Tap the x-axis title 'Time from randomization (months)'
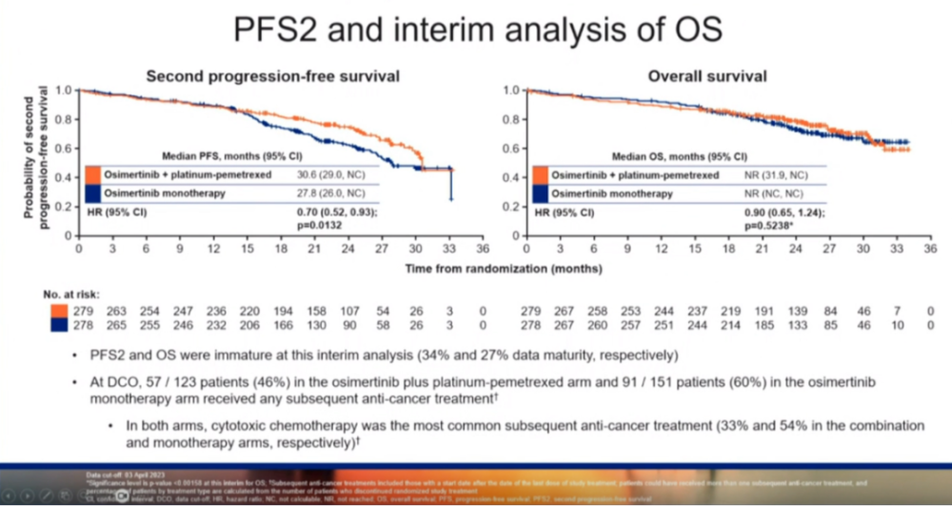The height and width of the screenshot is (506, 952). pos(503,269)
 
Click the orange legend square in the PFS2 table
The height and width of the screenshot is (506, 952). pos(92,174)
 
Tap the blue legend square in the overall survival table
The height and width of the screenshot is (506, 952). pos(540,192)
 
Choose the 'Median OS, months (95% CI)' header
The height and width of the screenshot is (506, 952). pos(682,156)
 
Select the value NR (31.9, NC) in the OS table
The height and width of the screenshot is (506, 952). pos(779,174)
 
